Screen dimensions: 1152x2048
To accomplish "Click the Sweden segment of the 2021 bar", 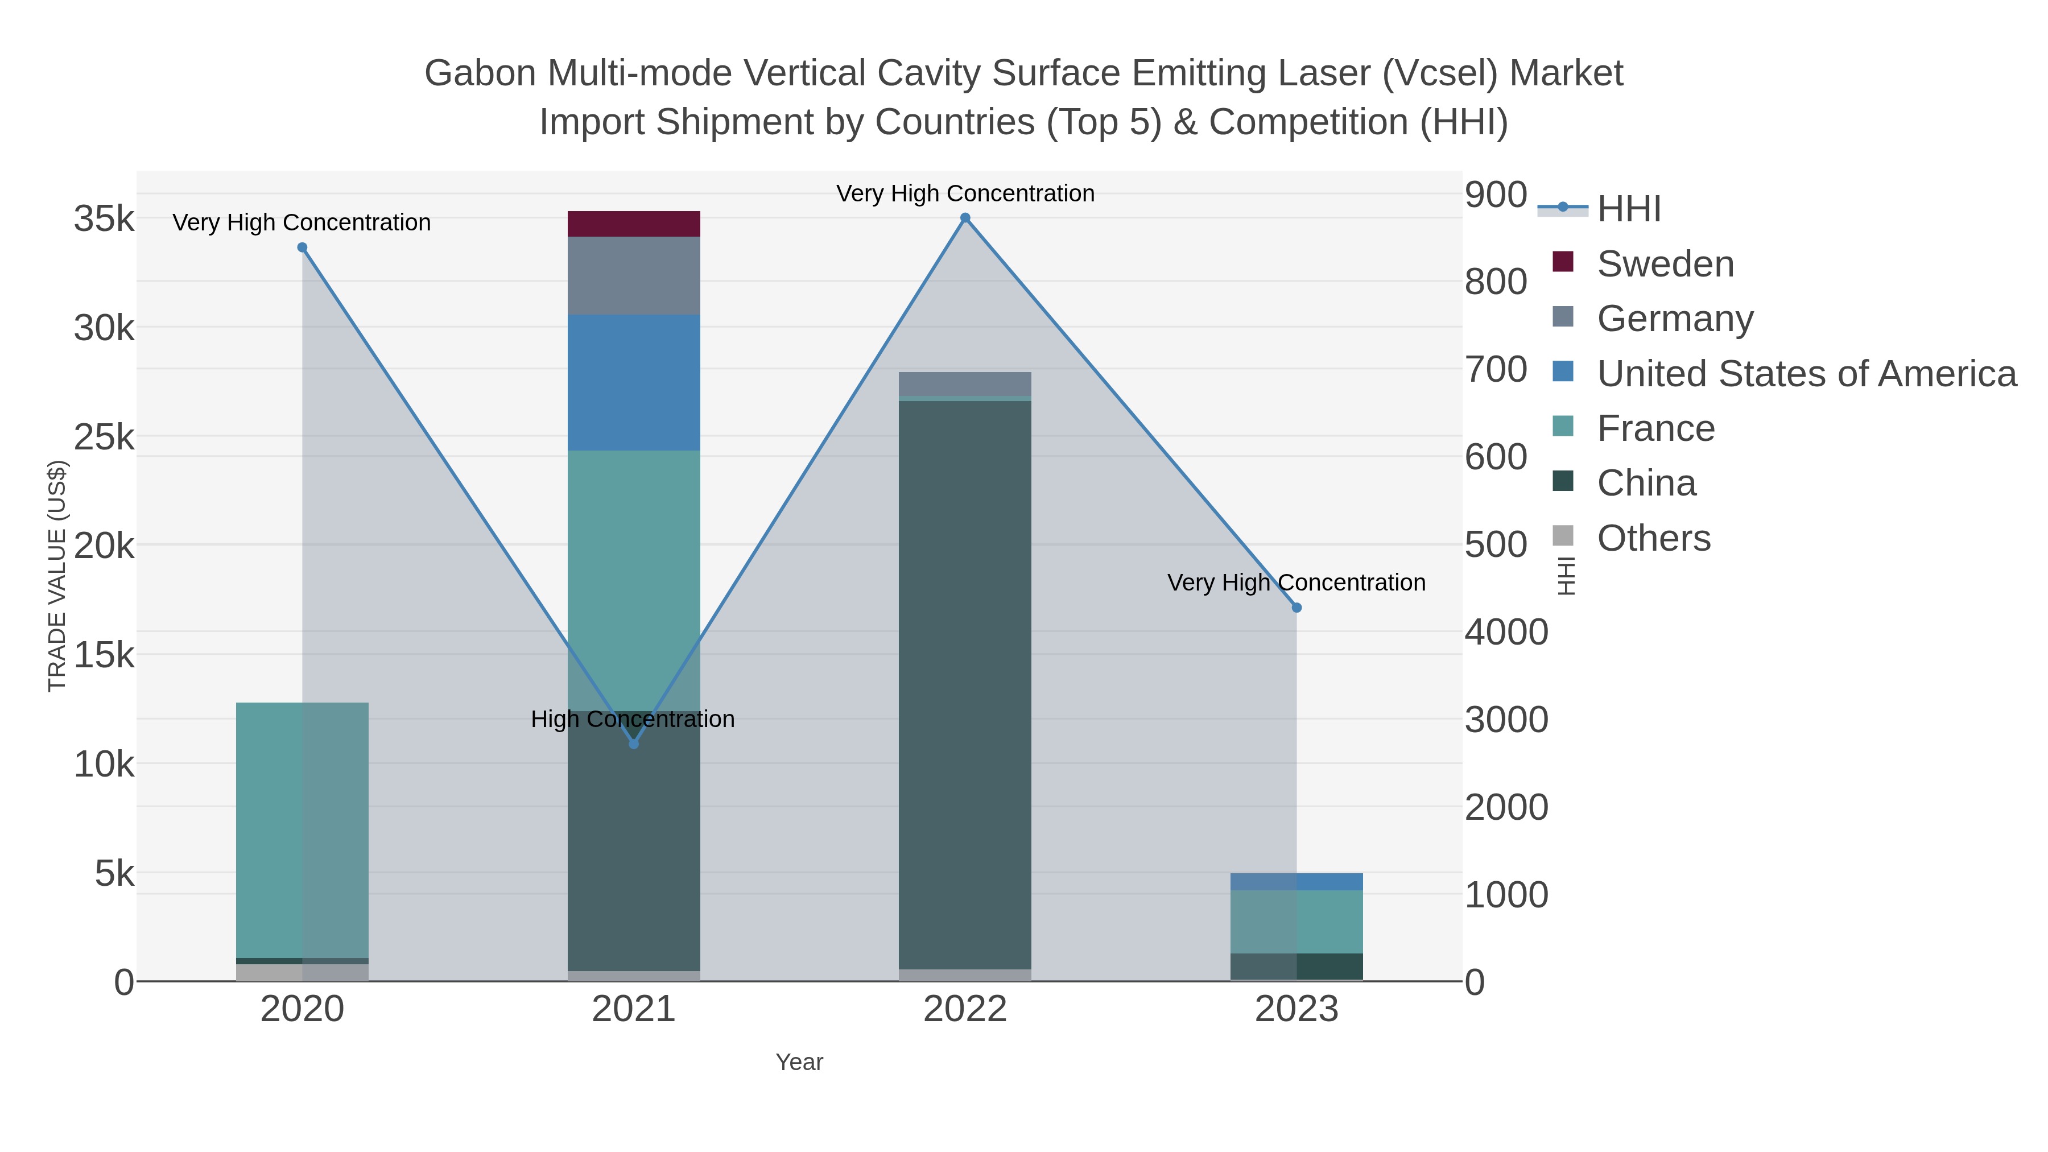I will [634, 224].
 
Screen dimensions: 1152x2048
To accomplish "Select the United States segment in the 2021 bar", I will [634, 382].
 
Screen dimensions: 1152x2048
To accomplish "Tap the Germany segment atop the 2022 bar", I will [964, 383].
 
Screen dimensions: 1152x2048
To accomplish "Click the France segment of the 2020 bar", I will [302, 829].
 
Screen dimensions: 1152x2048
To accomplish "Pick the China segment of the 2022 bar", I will [964, 684].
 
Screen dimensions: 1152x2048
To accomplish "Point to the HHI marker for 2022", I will [964, 218].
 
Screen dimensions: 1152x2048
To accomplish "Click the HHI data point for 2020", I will [302, 247].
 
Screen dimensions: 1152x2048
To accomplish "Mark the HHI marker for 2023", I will [1296, 608].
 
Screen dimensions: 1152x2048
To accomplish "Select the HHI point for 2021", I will [634, 744].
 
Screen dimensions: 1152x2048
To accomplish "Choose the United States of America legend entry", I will [1806, 374].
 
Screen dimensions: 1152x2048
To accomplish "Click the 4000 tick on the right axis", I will [1506, 632].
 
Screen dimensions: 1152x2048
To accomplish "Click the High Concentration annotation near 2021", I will [632, 719].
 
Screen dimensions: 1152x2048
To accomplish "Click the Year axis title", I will [799, 1062].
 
